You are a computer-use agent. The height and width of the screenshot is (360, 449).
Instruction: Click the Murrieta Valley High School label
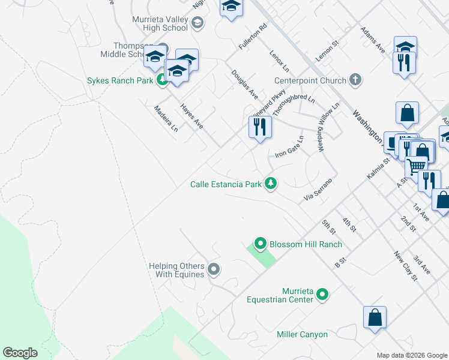coord(160,23)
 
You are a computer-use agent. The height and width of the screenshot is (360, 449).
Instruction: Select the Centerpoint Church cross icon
coord(355,80)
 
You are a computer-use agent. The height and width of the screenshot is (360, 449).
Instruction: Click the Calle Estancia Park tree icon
coord(271,184)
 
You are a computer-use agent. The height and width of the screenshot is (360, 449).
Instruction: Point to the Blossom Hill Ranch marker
coord(261,244)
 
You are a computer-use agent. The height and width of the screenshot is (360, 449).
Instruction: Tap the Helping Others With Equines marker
coord(214,270)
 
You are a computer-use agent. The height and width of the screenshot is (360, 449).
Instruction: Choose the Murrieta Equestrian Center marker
coord(322,294)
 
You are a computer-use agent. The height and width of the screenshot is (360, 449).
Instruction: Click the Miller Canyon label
coord(302,334)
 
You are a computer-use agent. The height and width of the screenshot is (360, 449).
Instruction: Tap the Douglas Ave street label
coord(245,85)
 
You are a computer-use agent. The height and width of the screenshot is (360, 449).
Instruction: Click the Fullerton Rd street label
coord(252,37)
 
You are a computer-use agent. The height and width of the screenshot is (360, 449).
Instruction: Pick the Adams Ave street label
coord(372,40)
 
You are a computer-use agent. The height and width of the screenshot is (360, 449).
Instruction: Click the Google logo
coord(20,352)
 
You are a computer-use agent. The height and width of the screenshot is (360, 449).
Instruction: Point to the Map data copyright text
coord(411,355)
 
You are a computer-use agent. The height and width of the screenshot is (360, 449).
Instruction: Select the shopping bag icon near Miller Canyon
coord(375,318)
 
